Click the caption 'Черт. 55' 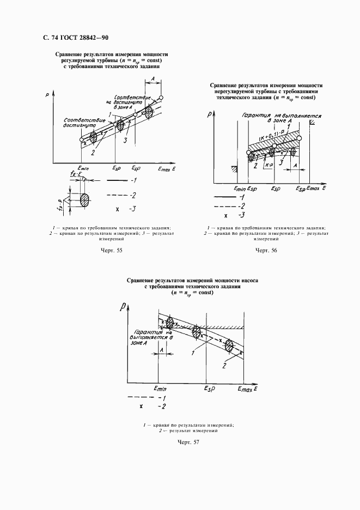112,250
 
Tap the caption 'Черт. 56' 266,250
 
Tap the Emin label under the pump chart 160,389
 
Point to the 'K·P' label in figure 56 268,163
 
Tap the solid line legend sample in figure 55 117,180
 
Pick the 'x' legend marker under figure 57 141,406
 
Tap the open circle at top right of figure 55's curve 161,98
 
